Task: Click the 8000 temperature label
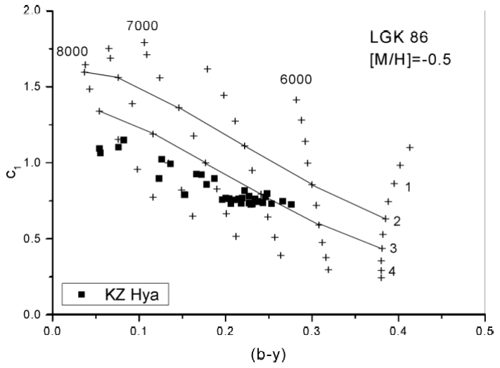72,51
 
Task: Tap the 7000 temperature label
142,27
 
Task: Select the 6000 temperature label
295,80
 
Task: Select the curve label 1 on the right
408,186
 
